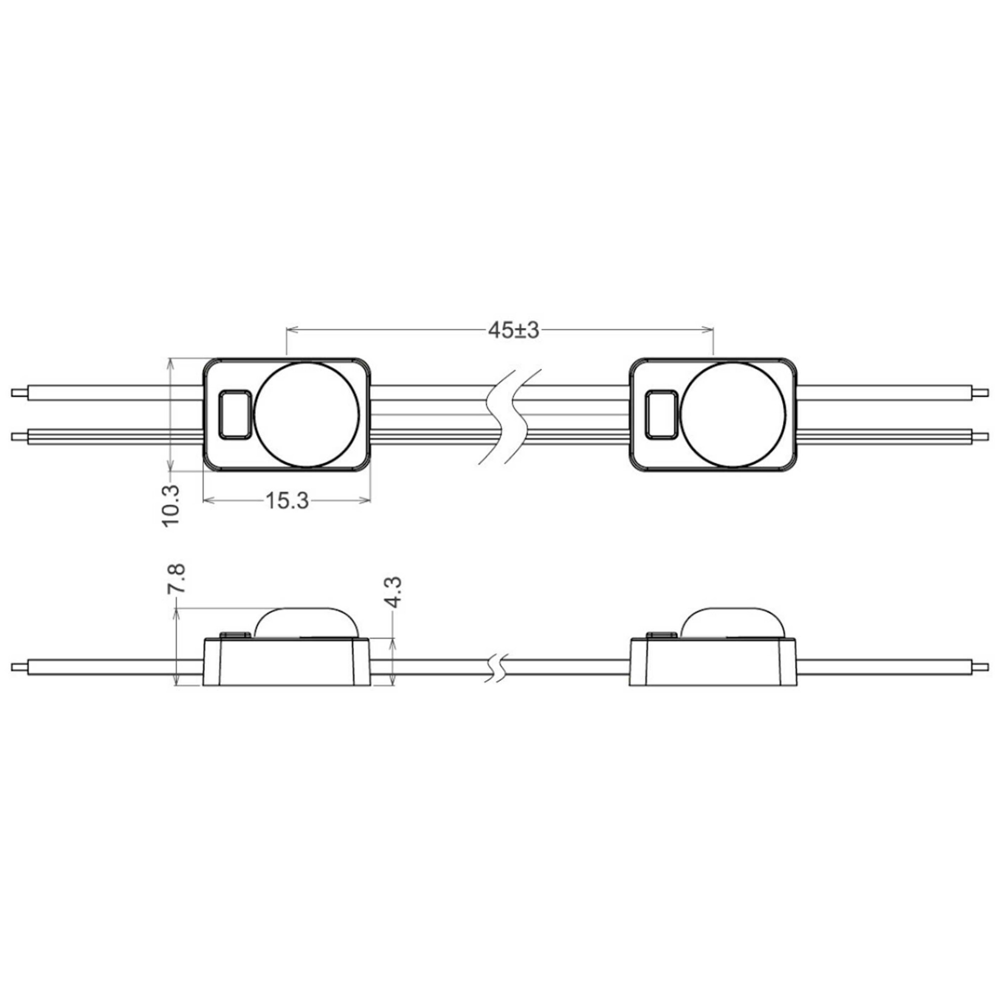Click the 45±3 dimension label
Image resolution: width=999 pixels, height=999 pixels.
click(x=513, y=330)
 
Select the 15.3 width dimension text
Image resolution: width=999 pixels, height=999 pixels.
click(x=287, y=500)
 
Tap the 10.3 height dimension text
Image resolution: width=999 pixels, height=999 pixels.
click(x=171, y=505)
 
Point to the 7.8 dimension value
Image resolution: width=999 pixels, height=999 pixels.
click(x=176, y=578)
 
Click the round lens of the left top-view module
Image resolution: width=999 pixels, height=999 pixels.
click(x=307, y=414)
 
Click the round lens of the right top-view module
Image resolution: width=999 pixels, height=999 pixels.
click(x=733, y=414)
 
